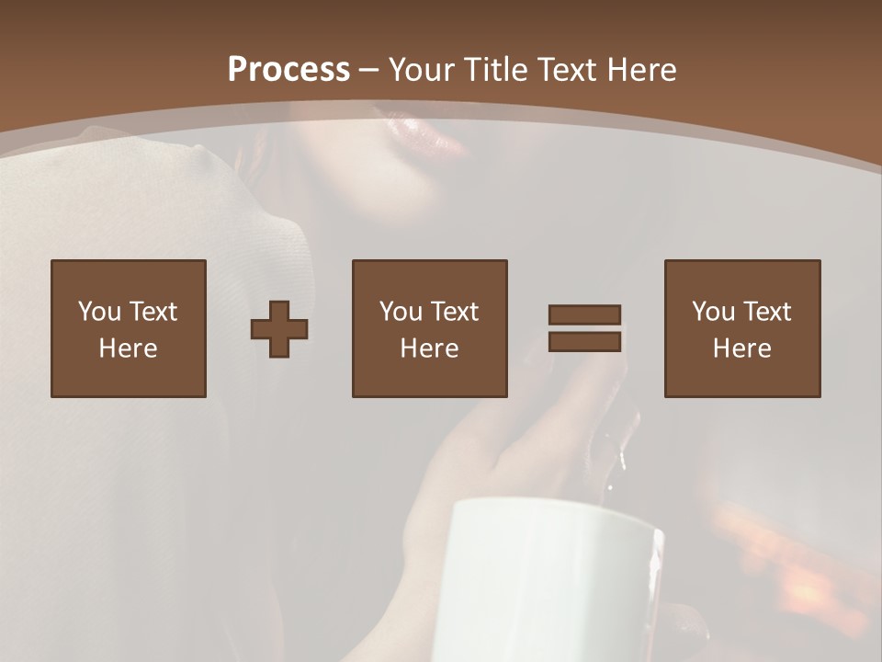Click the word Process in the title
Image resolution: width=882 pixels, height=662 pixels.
pos(288,70)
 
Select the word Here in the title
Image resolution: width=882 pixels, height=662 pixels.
pos(641,70)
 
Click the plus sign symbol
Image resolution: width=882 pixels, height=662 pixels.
pos(279,329)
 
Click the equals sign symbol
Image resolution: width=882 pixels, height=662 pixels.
pos(584,328)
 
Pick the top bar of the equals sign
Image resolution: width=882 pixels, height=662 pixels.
pos(584,315)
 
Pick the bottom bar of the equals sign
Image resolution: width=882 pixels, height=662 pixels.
pos(584,342)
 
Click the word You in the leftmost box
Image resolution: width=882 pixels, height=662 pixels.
pos(99,312)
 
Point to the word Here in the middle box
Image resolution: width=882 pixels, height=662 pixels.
pos(429,348)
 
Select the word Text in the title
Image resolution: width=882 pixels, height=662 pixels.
pos(564,70)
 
